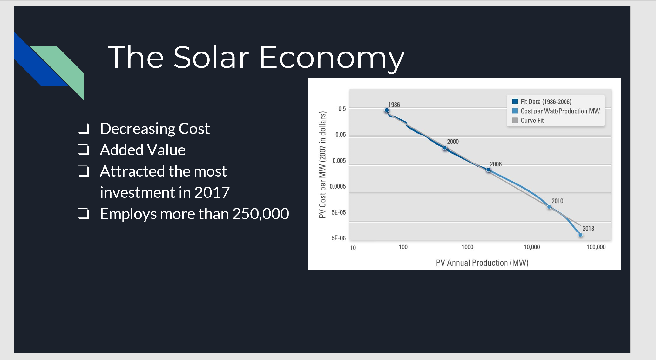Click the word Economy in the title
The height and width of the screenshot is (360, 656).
[x=332, y=58]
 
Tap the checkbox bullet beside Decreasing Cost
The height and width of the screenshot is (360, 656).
[x=83, y=128]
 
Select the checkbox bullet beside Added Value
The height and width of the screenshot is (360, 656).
[x=83, y=149]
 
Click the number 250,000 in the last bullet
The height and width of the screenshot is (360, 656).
[x=260, y=214]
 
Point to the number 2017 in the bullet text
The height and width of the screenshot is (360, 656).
[x=212, y=192]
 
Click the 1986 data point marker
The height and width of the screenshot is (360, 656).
[x=387, y=110]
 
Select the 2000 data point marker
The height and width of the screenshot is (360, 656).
[x=445, y=148]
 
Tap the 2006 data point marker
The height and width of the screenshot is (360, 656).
[x=488, y=170]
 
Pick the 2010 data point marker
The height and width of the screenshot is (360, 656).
[x=549, y=207]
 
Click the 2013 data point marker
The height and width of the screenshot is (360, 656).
[x=580, y=235]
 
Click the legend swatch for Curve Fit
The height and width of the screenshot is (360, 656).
[x=515, y=120]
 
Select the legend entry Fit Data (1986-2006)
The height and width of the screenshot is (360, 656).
[x=545, y=102]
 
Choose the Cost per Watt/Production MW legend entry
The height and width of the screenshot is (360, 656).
[x=560, y=111]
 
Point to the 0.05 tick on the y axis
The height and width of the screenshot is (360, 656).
[x=341, y=135]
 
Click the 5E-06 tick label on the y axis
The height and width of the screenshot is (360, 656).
[x=338, y=238]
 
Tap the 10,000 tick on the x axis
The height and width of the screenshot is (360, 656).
[x=532, y=247]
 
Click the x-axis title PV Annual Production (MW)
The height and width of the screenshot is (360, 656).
[x=482, y=263]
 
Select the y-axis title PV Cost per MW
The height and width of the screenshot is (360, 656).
[x=323, y=164]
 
